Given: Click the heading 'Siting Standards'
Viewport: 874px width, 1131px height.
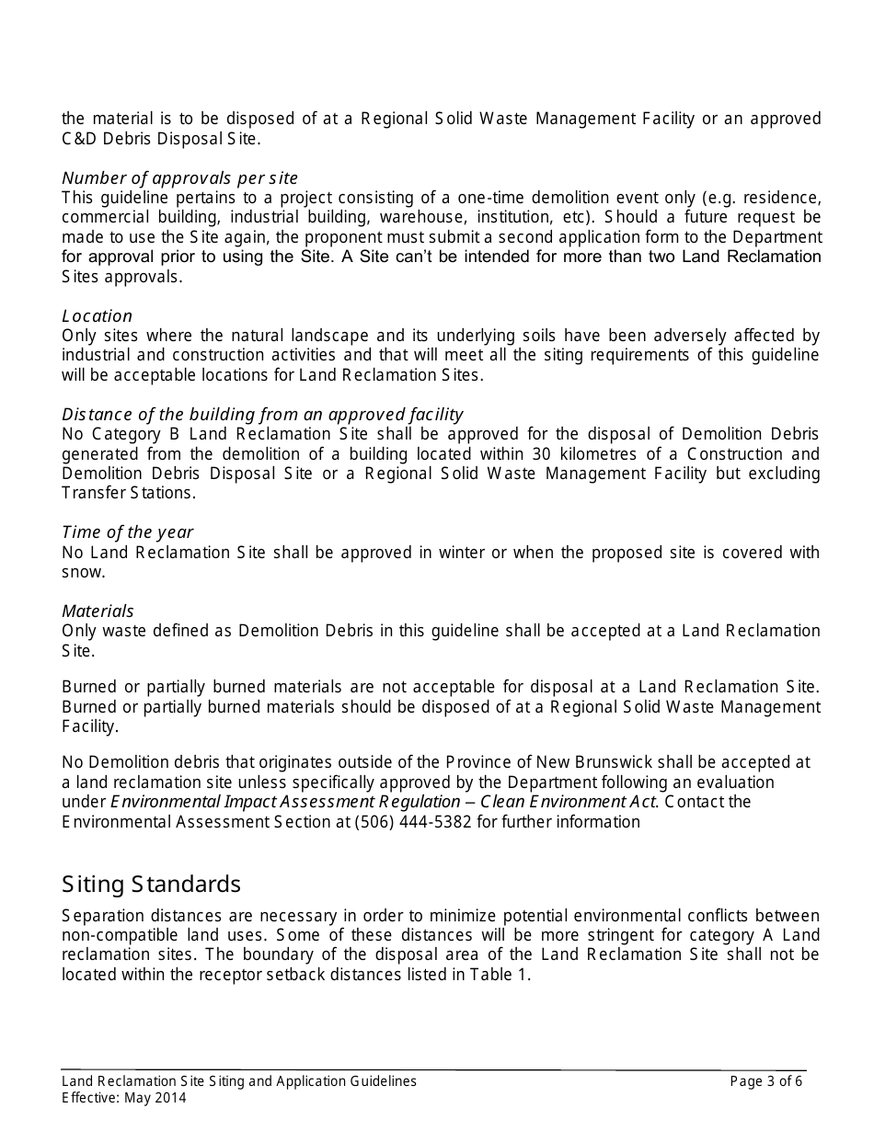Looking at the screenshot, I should pos(151,885).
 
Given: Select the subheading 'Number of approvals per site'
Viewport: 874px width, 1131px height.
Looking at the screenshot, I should pos(179,178).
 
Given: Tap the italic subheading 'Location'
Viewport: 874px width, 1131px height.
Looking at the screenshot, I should pos(97,316).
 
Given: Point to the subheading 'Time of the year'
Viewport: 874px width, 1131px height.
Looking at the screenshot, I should pos(127,532).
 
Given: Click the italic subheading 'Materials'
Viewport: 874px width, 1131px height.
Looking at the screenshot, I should pos(98,611).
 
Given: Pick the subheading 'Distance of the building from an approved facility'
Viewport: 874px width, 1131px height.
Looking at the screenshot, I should pos(262,415).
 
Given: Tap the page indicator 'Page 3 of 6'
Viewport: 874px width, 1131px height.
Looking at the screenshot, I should pos(765,1081).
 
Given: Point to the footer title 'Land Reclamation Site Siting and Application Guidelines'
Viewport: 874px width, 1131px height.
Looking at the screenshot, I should pos(239,1081).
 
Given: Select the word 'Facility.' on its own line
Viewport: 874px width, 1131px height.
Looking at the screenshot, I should pos(90,726).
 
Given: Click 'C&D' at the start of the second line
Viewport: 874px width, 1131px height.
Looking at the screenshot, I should pos(77,139).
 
